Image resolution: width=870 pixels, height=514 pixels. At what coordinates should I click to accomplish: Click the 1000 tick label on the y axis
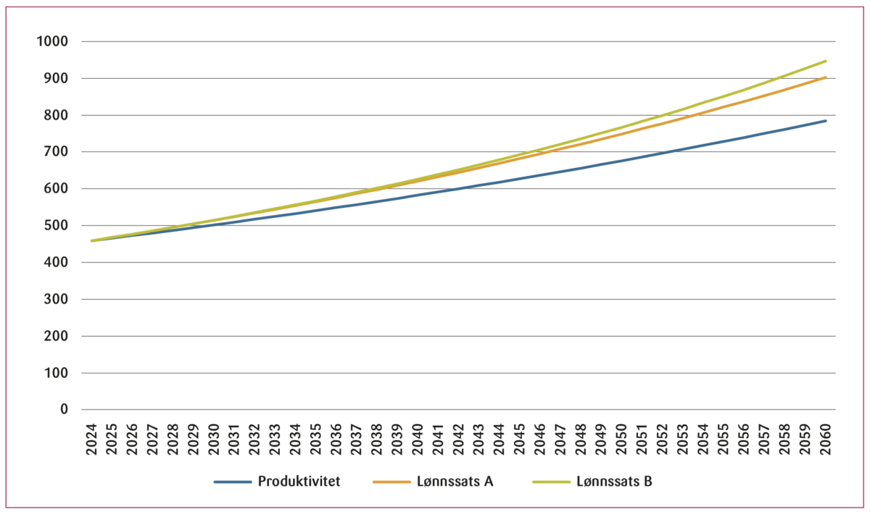tap(51, 41)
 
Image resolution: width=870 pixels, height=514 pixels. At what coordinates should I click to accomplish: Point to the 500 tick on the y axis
tap(55, 226)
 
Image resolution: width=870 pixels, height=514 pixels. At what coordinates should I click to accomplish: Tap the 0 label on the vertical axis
tap(64, 410)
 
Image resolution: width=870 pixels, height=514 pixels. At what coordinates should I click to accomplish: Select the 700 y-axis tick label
tap(55, 152)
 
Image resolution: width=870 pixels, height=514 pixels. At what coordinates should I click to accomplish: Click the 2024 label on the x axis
tap(92, 439)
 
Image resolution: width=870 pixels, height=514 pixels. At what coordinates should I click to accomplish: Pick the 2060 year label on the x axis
tap(826, 439)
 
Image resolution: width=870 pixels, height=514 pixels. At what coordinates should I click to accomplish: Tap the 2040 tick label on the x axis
tap(418, 439)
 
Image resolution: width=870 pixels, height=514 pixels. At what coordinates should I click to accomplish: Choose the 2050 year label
tap(622, 439)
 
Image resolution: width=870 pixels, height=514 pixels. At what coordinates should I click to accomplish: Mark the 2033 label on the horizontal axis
tap(275, 439)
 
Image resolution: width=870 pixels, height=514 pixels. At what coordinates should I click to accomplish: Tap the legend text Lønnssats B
tap(615, 482)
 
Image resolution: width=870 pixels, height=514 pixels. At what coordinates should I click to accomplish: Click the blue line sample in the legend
tap(233, 482)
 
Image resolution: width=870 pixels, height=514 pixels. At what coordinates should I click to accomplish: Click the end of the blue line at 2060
tap(826, 121)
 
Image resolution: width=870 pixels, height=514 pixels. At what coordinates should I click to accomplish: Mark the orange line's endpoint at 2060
tap(826, 77)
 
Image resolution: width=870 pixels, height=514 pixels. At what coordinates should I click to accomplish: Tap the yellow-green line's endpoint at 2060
tap(826, 61)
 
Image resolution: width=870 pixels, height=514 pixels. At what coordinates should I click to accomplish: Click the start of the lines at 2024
tap(92, 240)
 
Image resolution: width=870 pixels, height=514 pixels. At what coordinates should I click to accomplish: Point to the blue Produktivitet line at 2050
tap(622, 161)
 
